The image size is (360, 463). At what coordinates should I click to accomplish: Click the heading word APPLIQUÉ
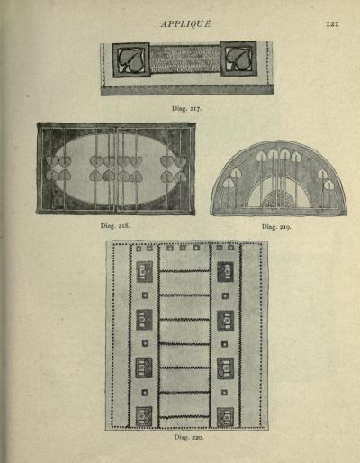pos(185,24)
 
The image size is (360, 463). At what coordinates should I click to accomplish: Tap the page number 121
pos(332,23)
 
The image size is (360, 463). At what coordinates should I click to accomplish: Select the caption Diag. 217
pos(187,108)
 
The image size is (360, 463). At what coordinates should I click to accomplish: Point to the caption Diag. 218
pos(115,225)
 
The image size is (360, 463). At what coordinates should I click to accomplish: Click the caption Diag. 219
pos(276,227)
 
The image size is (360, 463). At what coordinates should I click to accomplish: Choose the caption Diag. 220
pos(189,437)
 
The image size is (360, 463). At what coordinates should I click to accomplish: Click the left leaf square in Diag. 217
pos(131,60)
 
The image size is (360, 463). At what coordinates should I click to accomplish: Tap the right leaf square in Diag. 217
pos(238,59)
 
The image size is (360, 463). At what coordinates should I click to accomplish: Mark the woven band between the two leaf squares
pos(184,59)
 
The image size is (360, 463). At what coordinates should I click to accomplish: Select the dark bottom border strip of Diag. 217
pos(187,89)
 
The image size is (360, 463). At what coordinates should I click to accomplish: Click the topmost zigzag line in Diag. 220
pos(184,271)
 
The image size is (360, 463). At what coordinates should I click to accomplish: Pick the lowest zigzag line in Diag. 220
pos(184,417)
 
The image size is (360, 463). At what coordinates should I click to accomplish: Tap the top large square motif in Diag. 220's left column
pos(145,272)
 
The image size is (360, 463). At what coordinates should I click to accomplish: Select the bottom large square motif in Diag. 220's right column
pos(225,417)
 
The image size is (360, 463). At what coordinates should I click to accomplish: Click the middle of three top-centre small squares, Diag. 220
pos(183,248)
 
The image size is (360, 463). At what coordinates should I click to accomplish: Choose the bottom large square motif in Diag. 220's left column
pos(144,416)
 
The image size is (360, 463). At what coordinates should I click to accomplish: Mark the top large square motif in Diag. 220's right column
pos(225,272)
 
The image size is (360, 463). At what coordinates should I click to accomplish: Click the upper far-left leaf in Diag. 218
pos(52,161)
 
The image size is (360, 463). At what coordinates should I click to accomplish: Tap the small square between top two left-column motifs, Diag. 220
pos(145,295)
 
